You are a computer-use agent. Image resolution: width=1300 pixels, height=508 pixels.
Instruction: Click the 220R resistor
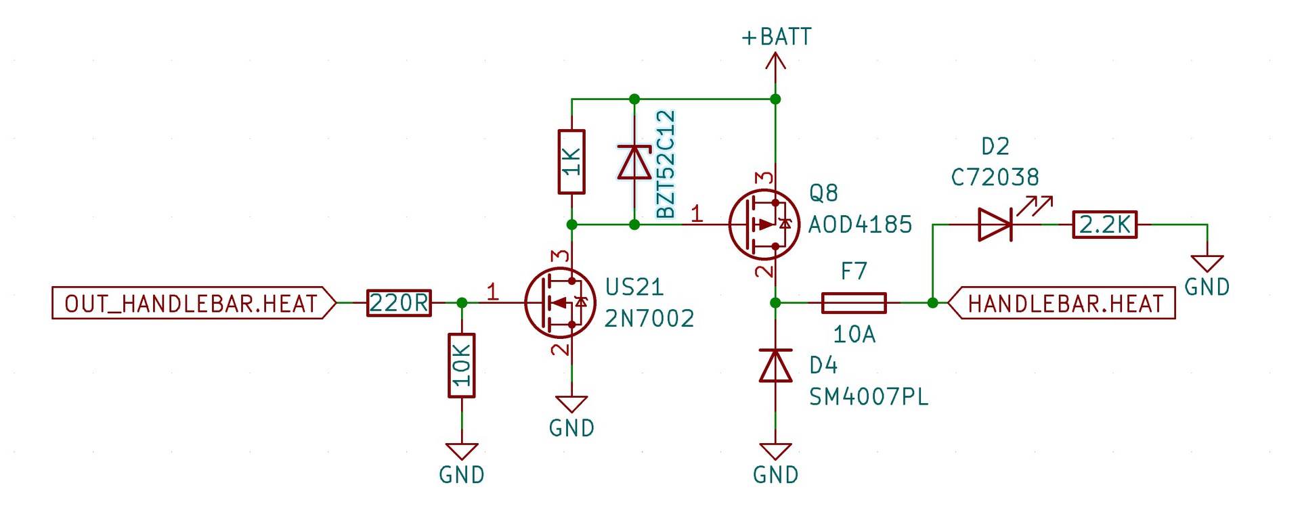tap(399, 302)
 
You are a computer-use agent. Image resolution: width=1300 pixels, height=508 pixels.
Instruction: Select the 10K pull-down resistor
tap(462, 365)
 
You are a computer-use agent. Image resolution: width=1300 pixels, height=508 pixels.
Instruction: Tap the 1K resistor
tap(571, 162)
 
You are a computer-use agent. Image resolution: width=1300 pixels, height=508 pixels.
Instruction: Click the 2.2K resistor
tap(1104, 225)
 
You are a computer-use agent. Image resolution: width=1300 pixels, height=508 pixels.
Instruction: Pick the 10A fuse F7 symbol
tap(853, 302)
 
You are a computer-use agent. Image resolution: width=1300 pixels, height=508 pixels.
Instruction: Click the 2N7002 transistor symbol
tap(559, 302)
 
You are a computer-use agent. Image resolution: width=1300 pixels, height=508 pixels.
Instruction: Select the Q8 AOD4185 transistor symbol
tap(764, 225)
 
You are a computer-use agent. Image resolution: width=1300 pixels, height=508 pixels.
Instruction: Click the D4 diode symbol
tap(775, 365)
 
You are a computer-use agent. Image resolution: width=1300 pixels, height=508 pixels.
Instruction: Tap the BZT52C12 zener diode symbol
tap(634, 162)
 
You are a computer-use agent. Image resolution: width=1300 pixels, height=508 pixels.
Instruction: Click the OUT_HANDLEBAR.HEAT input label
tap(194, 302)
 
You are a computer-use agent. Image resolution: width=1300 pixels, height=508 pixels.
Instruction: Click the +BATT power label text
tap(776, 37)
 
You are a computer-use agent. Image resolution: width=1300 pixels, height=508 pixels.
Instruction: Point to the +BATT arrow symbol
tap(775, 62)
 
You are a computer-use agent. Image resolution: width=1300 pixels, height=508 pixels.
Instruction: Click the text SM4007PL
tap(869, 396)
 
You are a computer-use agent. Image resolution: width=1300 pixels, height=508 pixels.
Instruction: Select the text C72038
tap(995, 177)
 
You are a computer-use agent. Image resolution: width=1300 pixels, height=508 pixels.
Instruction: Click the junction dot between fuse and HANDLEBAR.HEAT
tap(932, 302)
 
